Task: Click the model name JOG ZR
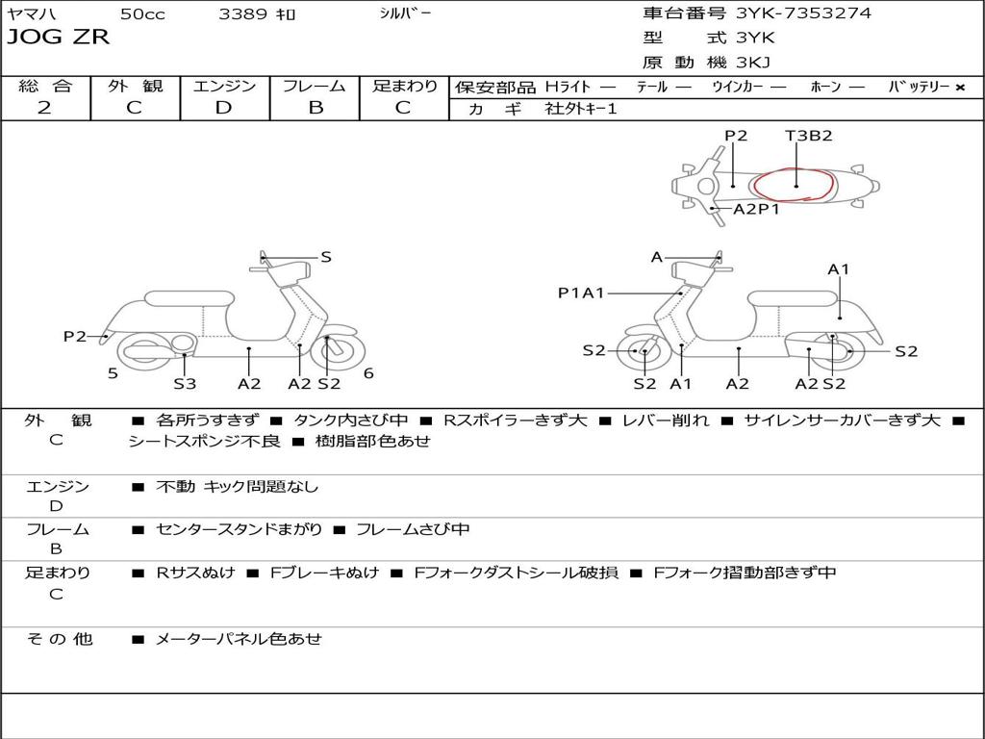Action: click(x=59, y=38)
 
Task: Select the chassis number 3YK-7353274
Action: click(x=803, y=13)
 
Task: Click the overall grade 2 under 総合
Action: click(x=44, y=108)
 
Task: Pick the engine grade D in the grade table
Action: click(x=223, y=108)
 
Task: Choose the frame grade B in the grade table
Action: click(x=315, y=108)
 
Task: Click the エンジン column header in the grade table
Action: click(x=224, y=86)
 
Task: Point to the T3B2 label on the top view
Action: click(x=808, y=136)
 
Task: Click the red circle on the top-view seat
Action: click(x=794, y=183)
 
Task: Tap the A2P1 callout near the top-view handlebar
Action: click(x=756, y=209)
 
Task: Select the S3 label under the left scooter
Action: click(x=185, y=384)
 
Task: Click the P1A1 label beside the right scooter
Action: click(x=581, y=293)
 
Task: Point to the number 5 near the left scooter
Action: click(x=113, y=373)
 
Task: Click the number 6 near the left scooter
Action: click(x=368, y=373)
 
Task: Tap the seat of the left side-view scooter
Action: click(x=189, y=298)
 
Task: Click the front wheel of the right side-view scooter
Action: click(x=643, y=352)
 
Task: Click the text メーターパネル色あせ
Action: click(x=239, y=638)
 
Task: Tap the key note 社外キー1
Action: click(x=582, y=109)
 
